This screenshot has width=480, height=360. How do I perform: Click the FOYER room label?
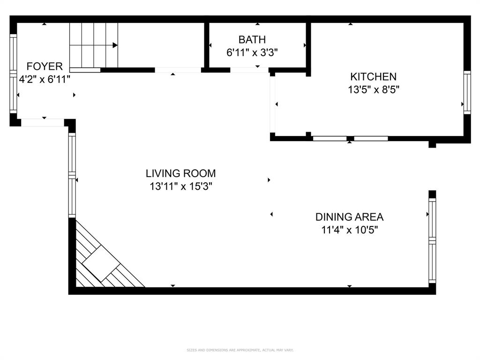[x=45, y=66]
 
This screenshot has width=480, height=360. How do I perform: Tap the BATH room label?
[x=252, y=39]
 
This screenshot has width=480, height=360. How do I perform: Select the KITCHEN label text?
[x=373, y=76]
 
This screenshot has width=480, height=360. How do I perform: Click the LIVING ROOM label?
[x=180, y=173]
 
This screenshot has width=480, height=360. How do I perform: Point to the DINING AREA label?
[x=349, y=217]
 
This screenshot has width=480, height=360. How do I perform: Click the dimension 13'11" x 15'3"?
[x=180, y=187]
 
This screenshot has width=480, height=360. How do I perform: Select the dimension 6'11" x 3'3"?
[x=252, y=52]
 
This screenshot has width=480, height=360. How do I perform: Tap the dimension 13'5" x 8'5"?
[x=373, y=90]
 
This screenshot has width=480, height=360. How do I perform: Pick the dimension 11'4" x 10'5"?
[x=349, y=230]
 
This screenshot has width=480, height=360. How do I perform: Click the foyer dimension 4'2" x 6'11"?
[x=45, y=79]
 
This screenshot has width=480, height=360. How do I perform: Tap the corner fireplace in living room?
[x=101, y=262]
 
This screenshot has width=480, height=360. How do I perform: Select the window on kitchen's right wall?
[x=467, y=92]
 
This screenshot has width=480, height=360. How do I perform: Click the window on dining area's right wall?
[x=432, y=241]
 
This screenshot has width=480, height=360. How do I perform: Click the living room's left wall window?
[x=72, y=175]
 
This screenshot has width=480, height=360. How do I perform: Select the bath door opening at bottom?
[x=248, y=70]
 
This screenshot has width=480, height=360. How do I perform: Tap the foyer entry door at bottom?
[x=43, y=123]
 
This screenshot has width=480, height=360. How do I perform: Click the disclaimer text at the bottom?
[x=240, y=350]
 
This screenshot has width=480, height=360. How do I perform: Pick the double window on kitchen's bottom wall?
[x=350, y=138]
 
